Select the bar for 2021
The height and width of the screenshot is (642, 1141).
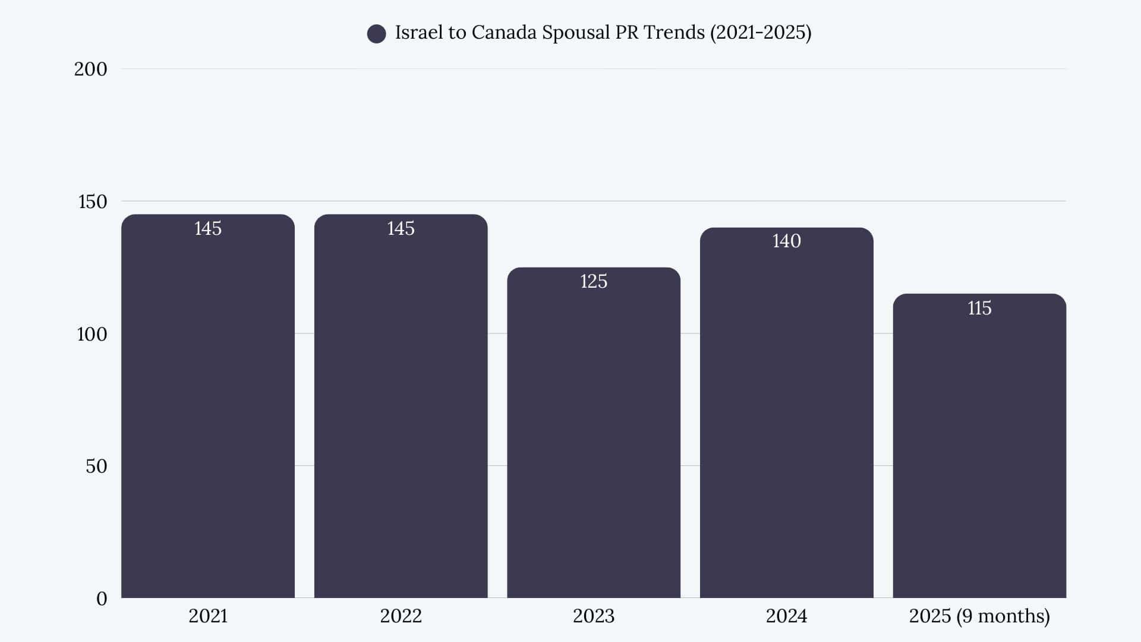point(208,410)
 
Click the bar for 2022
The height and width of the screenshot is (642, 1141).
point(401,410)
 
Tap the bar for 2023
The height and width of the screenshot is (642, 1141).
point(594,434)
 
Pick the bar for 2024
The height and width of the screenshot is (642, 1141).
point(786,416)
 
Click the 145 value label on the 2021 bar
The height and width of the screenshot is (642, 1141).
point(208,228)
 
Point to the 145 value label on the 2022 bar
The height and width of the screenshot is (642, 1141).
point(401,228)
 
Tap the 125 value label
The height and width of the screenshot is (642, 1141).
point(594,281)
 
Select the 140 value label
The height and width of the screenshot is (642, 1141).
point(786,241)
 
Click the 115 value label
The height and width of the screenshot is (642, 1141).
point(979,308)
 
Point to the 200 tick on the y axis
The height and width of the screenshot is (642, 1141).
point(90,69)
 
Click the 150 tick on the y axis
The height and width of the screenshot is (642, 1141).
point(93,202)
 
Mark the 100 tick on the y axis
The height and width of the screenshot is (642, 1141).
point(92,334)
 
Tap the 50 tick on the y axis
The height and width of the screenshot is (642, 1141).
point(96,466)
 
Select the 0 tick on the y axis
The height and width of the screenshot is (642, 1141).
point(102,599)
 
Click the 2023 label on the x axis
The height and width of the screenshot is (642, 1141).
point(594,616)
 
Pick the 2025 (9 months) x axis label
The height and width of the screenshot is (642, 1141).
point(979,616)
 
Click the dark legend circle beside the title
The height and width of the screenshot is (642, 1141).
point(376,34)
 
